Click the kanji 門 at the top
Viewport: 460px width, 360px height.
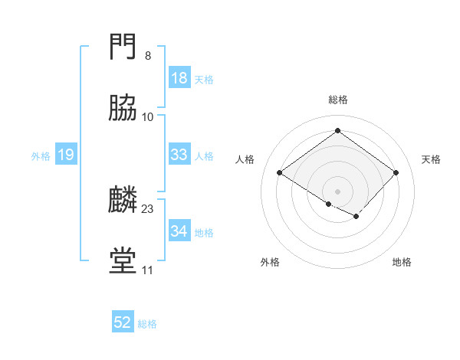pyautogui.click(x=123, y=48)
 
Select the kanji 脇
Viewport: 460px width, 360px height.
pyautogui.click(x=123, y=110)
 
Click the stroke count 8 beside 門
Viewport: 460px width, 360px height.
pyautogui.click(x=148, y=56)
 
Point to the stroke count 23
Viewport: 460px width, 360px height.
pyautogui.click(x=148, y=208)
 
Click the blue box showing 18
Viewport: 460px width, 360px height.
pyautogui.click(x=179, y=79)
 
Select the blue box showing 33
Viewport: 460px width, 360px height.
pyautogui.click(x=179, y=155)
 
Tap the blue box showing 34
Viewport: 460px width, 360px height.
pyautogui.click(x=179, y=231)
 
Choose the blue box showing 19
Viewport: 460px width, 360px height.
pyautogui.click(x=66, y=155)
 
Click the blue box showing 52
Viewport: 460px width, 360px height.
pyautogui.click(x=123, y=323)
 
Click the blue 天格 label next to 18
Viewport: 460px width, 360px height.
pyautogui.click(x=204, y=80)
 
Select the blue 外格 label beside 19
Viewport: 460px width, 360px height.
pyautogui.click(x=41, y=156)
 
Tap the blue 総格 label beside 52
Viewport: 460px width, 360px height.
pyautogui.click(x=147, y=324)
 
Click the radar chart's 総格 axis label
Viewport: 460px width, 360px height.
pyautogui.click(x=338, y=100)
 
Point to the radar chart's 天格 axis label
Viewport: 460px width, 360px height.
pyautogui.click(x=431, y=159)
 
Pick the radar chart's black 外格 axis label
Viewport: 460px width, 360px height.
pyautogui.click(x=270, y=263)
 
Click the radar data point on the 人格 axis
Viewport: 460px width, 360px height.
pyautogui.click(x=280, y=173)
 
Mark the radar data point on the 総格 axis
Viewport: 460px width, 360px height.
pyautogui.click(x=338, y=131)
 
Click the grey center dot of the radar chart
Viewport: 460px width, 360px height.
pyautogui.click(x=338, y=191)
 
